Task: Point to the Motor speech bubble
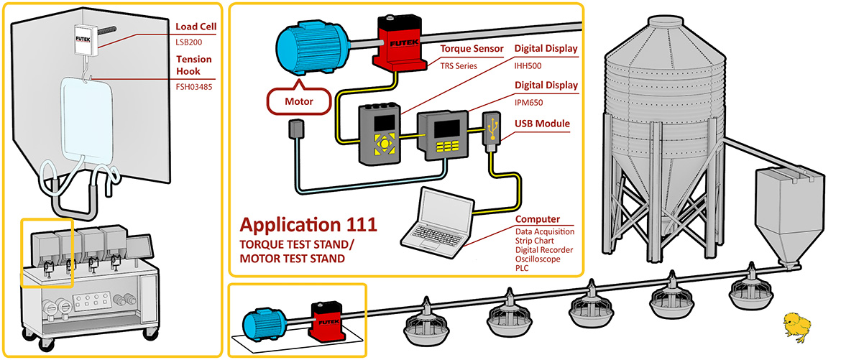point(299,101)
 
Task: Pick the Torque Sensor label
point(471,50)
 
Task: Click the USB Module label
point(542,124)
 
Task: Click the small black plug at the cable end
point(295,130)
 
